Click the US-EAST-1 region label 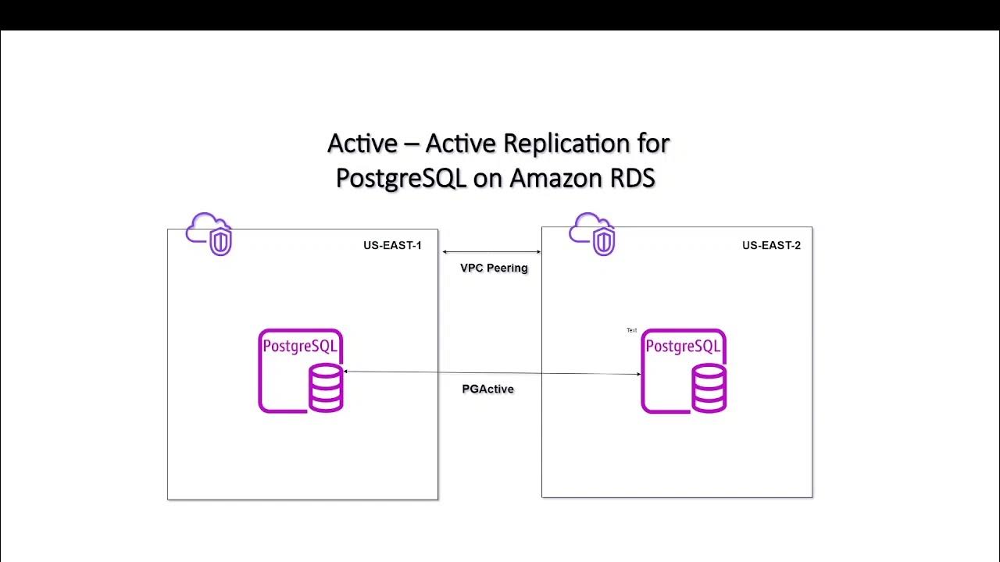392,246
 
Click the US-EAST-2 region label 771,246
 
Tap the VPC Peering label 494,268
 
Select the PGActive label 487,389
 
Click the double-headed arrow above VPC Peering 491,252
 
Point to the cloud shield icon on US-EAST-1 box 209,233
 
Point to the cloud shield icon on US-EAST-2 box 592,233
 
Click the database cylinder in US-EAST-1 326,387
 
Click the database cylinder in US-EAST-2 709,387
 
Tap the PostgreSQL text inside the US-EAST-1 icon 300,347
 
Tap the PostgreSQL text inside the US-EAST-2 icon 683,347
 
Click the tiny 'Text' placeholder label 631,330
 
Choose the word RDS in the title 631,178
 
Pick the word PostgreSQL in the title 400,178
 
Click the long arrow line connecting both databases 492,373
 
